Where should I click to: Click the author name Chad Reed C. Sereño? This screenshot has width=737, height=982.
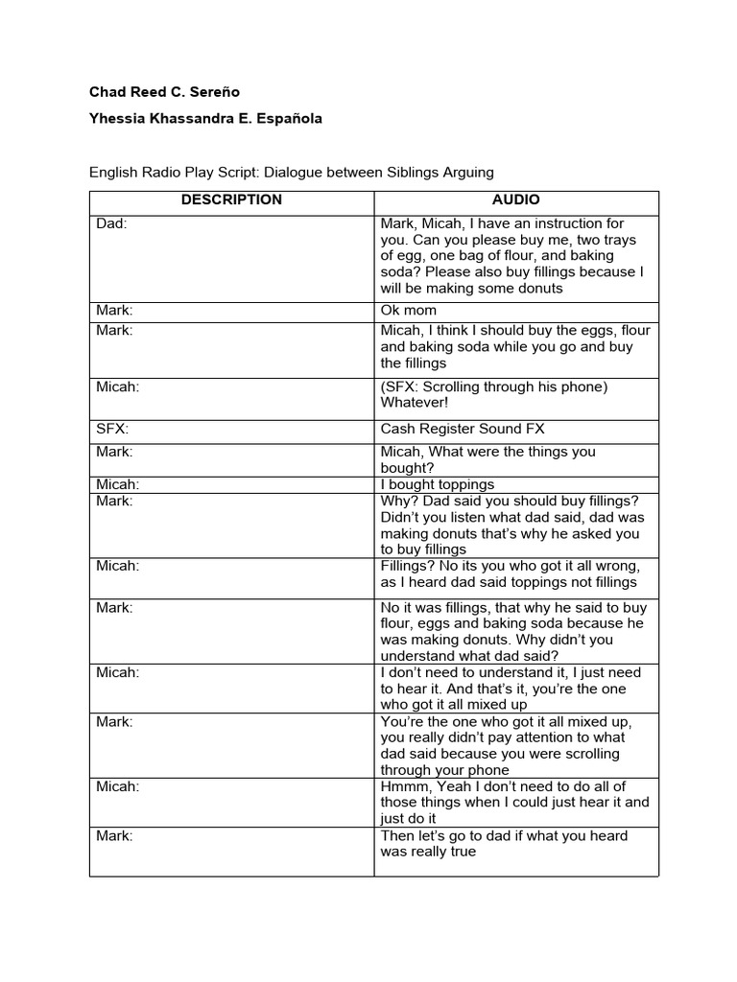coord(164,92)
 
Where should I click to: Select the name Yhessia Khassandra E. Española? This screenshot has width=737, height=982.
coord(205,119)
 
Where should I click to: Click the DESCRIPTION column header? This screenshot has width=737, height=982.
coord(231,200)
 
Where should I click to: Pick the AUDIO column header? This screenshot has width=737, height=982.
coord(515,200)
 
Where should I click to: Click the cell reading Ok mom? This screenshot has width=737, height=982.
coord(409,310)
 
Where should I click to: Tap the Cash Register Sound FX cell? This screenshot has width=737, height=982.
coord(463,430)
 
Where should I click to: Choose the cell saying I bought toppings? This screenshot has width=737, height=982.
coord(438,484)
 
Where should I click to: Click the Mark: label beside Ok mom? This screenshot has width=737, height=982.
coord(114,310)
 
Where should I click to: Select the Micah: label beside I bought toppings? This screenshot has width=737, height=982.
coord(117,484)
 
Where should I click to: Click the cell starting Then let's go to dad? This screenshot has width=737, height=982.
coord(504,843)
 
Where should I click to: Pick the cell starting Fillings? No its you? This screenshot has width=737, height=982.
coord(510,573)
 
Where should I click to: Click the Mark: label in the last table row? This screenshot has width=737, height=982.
coord(114,835)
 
